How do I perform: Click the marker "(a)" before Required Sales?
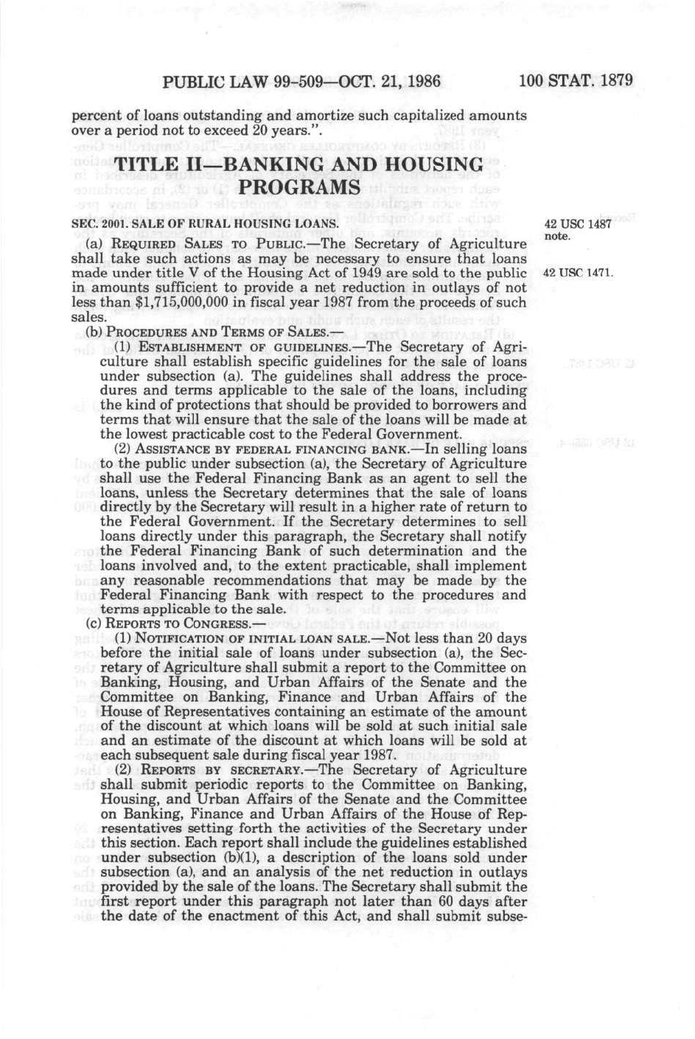click(94, 244)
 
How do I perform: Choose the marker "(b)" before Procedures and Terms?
click(94, 332)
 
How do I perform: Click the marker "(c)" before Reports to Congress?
click(94, 623)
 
